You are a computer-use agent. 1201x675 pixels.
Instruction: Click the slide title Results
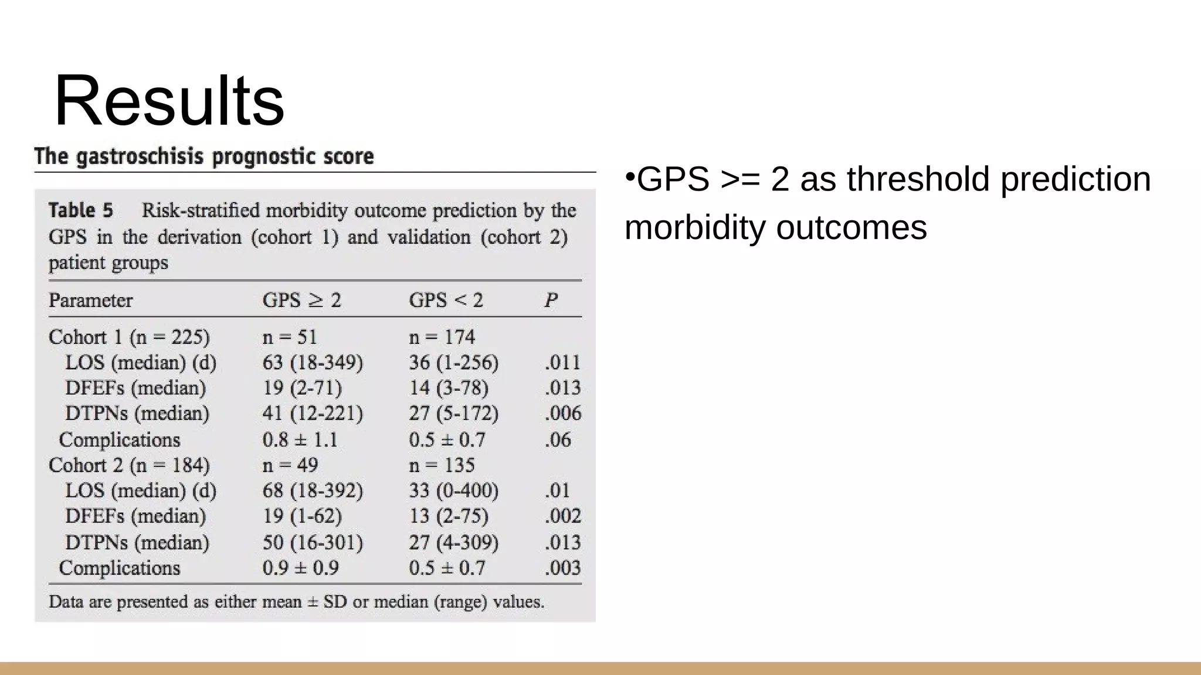(x=169, y=101)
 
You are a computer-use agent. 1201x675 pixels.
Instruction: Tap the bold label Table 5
(x=80, y=210)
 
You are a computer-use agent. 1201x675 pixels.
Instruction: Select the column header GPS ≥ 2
(x=301, y=300)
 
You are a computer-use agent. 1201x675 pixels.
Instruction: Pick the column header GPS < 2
(x=446, y=300)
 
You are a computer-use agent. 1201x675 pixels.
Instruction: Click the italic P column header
(x=550, y=300)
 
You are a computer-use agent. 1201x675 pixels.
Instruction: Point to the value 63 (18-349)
(x=313, y=363)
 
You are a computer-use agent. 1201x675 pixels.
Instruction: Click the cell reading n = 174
(x=442, y=337)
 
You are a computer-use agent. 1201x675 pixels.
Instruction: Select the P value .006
(x=563, y=414)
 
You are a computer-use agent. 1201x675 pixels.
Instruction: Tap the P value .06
(x=558, y=439)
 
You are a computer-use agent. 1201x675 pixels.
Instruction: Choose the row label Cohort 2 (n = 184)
(x=129, y=465)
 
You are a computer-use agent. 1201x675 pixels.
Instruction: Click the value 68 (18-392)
(x=313, y=490)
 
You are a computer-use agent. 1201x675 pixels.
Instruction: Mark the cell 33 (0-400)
(x=453, y=490)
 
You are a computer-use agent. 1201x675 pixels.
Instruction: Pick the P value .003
(x=563, y=568)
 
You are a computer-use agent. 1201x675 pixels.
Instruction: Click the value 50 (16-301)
(x=313, y=542)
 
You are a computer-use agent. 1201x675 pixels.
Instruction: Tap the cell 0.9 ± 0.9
(x=300, y=568)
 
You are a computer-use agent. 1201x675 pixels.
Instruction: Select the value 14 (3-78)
(x=449, y=388)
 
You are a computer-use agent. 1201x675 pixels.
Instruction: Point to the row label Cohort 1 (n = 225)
(x=129, y=337)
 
